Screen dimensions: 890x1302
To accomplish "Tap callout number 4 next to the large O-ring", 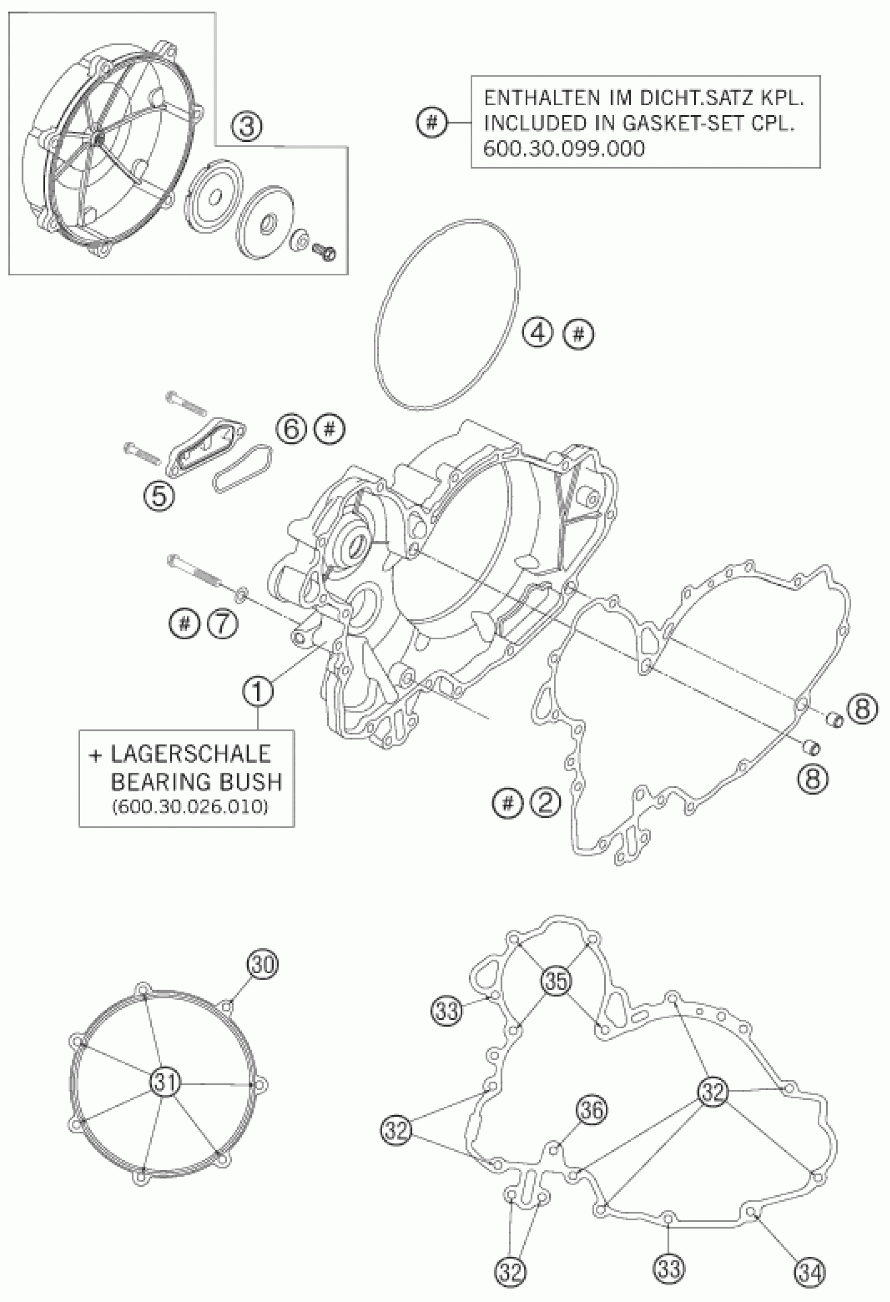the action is click(x=538, y=335).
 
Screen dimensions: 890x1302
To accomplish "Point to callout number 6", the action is click(x=291, y=430).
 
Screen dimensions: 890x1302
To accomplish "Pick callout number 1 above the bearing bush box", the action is click(x=258, y=693).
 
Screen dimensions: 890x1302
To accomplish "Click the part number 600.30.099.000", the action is click(x=563, y=149).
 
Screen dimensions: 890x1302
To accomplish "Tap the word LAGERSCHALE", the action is click(x=191, y=754).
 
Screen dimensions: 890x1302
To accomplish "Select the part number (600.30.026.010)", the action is click(x=190, y=807).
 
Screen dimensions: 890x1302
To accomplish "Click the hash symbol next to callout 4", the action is click(x=578, y=335).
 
